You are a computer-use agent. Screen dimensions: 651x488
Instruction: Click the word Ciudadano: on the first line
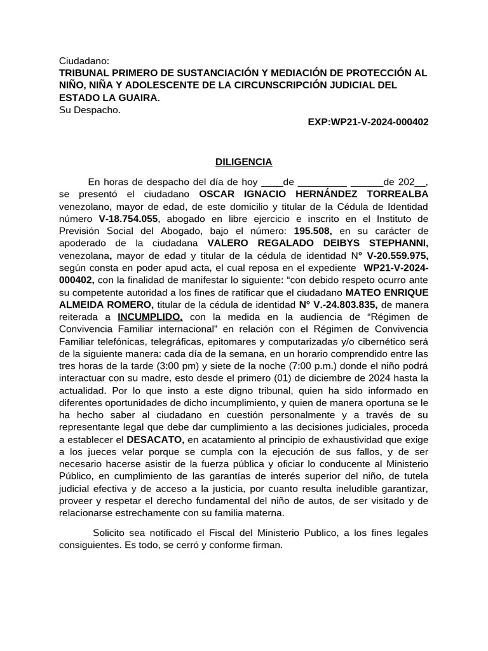pyautogui.click(x=84, y=60)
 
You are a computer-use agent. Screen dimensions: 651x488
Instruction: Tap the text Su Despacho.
pyautogui.click(x=89, y=110)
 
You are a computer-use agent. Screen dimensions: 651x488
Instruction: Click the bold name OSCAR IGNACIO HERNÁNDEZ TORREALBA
pyautogui.click(x=313, y=193)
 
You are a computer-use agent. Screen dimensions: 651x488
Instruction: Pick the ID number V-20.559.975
pyautogui.click(x=393, y=255)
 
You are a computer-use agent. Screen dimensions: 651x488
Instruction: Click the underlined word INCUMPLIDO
pyautogui.click(x=150, y=316)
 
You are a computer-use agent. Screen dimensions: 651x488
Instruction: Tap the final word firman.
pyautogui.click(x=266, y=545)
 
